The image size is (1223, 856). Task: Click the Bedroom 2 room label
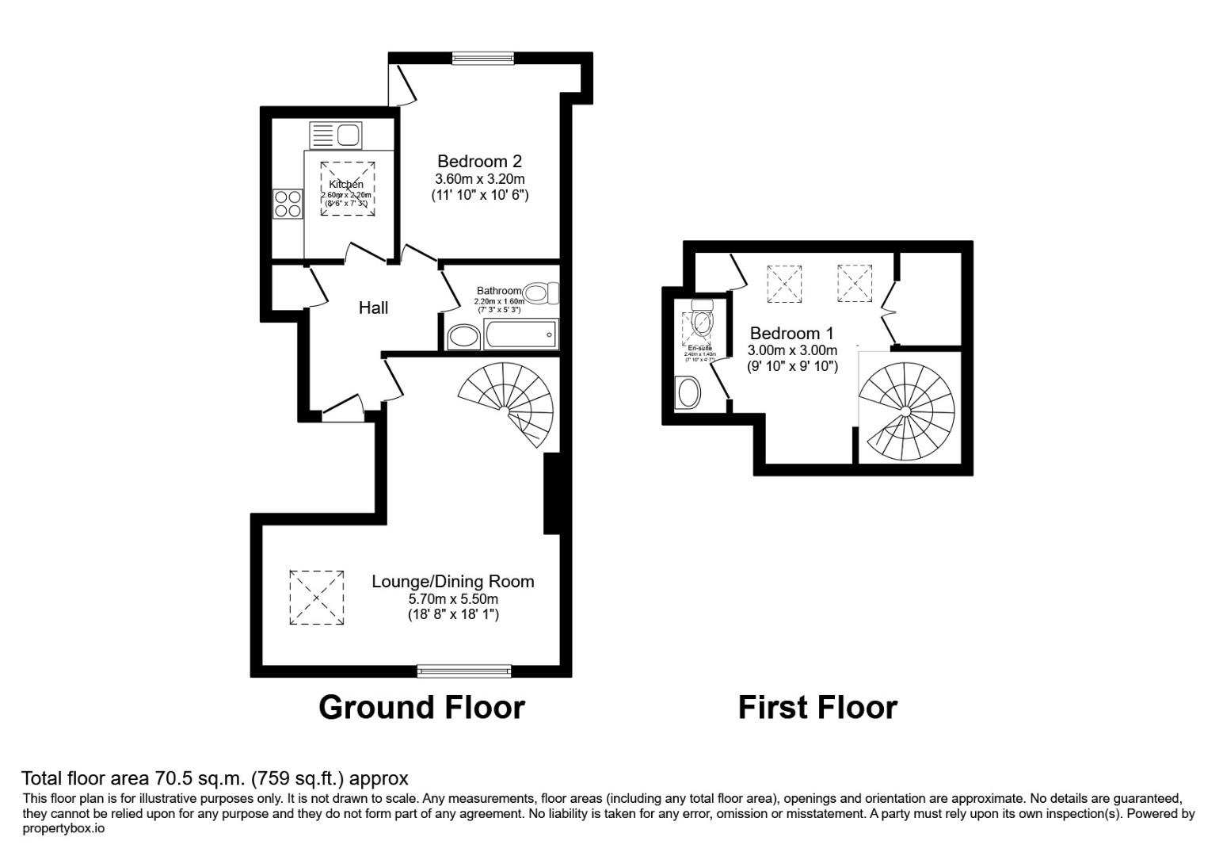point(479,162)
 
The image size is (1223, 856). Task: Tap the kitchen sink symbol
point(335,135)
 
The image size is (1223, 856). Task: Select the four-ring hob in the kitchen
point(288,203)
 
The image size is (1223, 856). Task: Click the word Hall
point(373,308)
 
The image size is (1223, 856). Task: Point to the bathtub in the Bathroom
point(521,334)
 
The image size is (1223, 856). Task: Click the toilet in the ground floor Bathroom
point(541,294)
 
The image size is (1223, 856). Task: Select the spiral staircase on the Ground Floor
point(507,404)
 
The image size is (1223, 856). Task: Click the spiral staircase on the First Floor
point(907,412)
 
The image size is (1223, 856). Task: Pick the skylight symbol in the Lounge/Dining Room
point(317,598)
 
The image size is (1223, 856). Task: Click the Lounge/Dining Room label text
point(453,581)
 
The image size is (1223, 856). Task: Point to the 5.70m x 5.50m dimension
point(453,598)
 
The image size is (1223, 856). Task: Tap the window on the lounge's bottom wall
point(464,671)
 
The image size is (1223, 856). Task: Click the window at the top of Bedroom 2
point(483,57)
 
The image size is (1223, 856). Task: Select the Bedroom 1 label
point(791,333)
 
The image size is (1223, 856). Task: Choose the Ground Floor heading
point(421,707)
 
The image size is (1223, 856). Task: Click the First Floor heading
point(817,707)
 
